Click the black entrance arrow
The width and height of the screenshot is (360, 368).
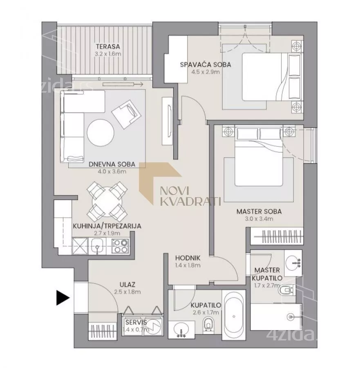[x=63, y=298]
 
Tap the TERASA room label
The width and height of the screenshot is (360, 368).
[x=108, y=47]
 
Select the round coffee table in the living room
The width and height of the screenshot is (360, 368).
[x=101, y=133]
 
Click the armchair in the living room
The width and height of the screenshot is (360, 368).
[x=126, y=114]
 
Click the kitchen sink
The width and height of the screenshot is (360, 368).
[x=98, y=246]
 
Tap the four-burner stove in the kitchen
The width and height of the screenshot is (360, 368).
[x=120, y=246]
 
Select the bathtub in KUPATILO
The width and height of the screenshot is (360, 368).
[x=234, y=316]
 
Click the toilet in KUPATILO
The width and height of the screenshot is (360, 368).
[x=208, y=324]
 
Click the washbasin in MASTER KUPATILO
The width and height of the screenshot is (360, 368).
[x=293, y=263]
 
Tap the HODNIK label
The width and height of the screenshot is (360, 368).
[x=188, y=258]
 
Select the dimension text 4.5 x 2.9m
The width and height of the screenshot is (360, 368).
[x=206, y=72]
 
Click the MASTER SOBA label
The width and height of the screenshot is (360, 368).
[x=259, y=211]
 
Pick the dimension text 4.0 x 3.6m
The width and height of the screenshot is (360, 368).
[x=112, y=172]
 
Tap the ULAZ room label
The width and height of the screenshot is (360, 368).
[x=127, y=285]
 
